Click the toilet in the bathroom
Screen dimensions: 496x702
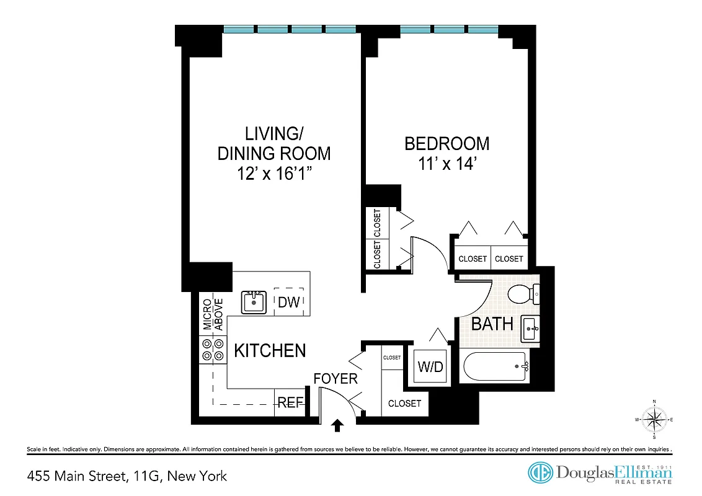pos(522,294)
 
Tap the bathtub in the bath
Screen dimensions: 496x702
pos(495,366)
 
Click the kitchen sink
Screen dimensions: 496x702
pos(254,302)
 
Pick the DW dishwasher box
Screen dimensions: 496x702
pos(289,303)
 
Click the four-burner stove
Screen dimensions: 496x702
pos(212,350)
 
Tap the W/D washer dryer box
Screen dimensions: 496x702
pos(430,366)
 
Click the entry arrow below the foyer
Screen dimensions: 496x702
pos(338,425)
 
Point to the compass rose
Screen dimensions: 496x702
pos(654,420)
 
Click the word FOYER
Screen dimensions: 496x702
pos(335,379)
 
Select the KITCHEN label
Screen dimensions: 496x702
pos(270,351)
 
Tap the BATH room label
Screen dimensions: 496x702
pos(492,324)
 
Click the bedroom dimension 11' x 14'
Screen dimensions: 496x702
pos(447,166)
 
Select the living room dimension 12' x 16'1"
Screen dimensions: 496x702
pos(273,174)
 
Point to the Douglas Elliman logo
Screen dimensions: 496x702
pos(600,473)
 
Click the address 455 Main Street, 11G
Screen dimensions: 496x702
pos(127,476)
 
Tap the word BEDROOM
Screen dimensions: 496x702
pos(447,144)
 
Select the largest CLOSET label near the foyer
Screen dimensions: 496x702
pos(404,404)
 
